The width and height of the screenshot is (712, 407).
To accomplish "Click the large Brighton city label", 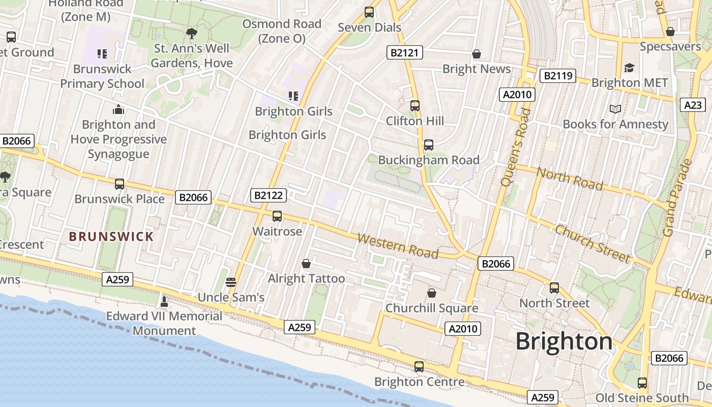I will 564,341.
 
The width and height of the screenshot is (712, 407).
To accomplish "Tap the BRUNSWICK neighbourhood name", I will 111,237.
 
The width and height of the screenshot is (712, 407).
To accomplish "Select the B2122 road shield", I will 269,195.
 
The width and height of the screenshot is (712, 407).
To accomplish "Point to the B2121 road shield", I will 405,52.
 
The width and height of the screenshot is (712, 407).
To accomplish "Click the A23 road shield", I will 693,105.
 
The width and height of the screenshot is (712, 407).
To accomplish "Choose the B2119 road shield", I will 557,76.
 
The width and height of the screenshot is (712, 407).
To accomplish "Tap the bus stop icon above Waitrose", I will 277,216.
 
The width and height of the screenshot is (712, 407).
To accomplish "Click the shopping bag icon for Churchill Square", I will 432,293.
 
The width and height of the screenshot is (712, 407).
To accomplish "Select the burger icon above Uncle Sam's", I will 231,282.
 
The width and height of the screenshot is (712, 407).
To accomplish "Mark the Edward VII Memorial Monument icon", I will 164,301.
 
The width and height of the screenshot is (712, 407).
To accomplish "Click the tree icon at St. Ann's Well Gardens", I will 192,34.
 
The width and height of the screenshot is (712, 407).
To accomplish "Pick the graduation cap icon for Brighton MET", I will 629,68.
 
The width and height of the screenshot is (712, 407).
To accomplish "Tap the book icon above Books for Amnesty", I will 615,109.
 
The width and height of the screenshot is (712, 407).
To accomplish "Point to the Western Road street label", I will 398,246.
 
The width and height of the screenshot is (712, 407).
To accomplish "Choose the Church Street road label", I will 592,244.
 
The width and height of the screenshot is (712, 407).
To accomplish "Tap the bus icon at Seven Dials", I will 369,12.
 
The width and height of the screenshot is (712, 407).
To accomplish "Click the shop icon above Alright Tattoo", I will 306,264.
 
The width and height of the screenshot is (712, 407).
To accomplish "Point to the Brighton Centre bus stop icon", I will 419,367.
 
